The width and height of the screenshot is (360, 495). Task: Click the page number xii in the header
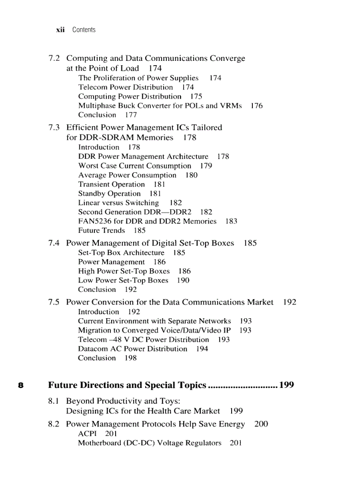point(60,30)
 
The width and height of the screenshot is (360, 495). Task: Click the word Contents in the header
point(84,30)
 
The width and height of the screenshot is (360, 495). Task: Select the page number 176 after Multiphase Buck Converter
point(256,106)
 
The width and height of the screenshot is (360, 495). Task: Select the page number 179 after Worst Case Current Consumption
point(206,166)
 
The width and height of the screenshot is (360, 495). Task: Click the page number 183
point(231,221)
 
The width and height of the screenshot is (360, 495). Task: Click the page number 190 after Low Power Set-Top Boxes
point(183,280)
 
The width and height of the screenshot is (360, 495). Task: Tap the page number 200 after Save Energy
point(261,424)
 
